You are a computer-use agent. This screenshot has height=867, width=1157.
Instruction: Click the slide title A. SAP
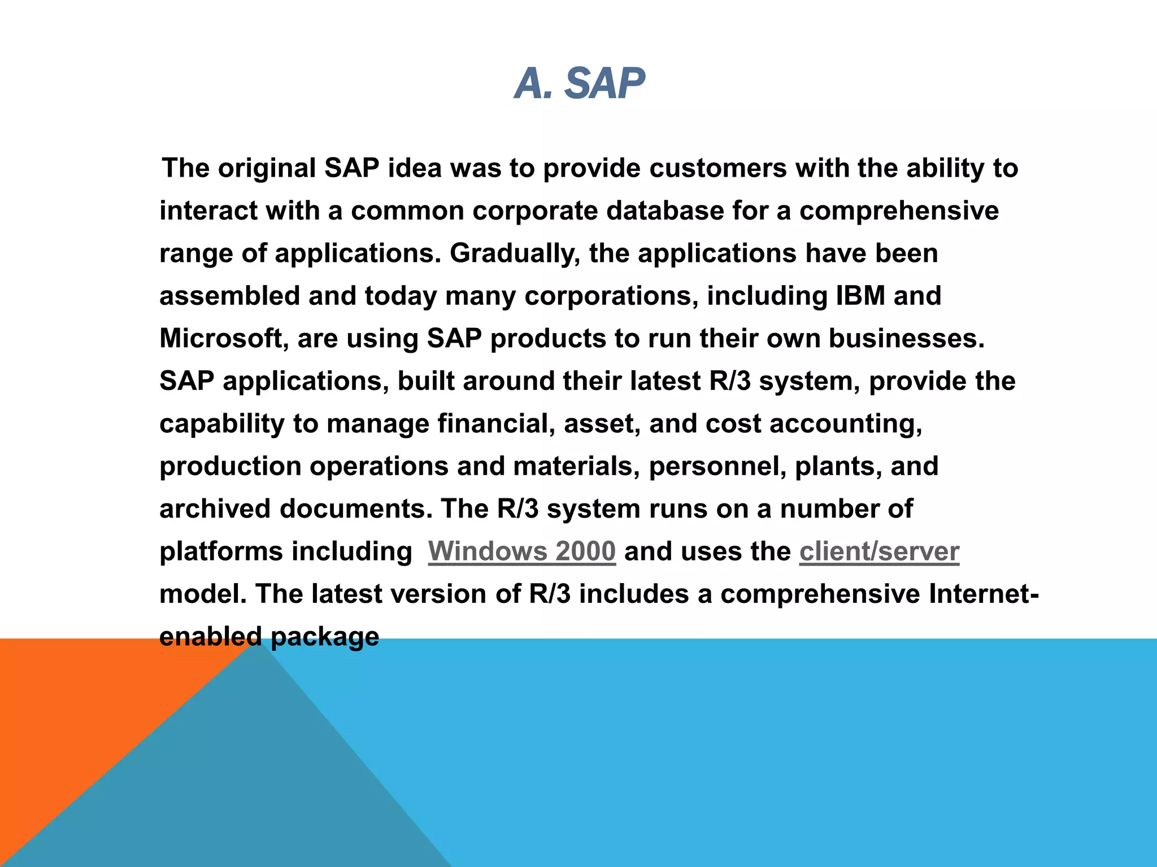pyautogui.click(x=579, y=84)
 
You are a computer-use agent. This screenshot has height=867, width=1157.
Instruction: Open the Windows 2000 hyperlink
pyautogui.click(x=521, y=551)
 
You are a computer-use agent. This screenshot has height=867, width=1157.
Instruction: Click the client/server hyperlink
pyautogui.click(x=879, y=551)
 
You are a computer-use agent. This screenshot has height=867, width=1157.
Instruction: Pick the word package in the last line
pyautogui.click(x=325, y=637)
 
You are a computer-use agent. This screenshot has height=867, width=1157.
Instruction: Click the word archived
pyautogui.click(x=215, y=509)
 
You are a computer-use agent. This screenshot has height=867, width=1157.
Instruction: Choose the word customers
pyautogui.click(x=717, y=168)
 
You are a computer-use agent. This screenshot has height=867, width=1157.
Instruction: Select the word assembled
pyautogui.click(x=229, y=296)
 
